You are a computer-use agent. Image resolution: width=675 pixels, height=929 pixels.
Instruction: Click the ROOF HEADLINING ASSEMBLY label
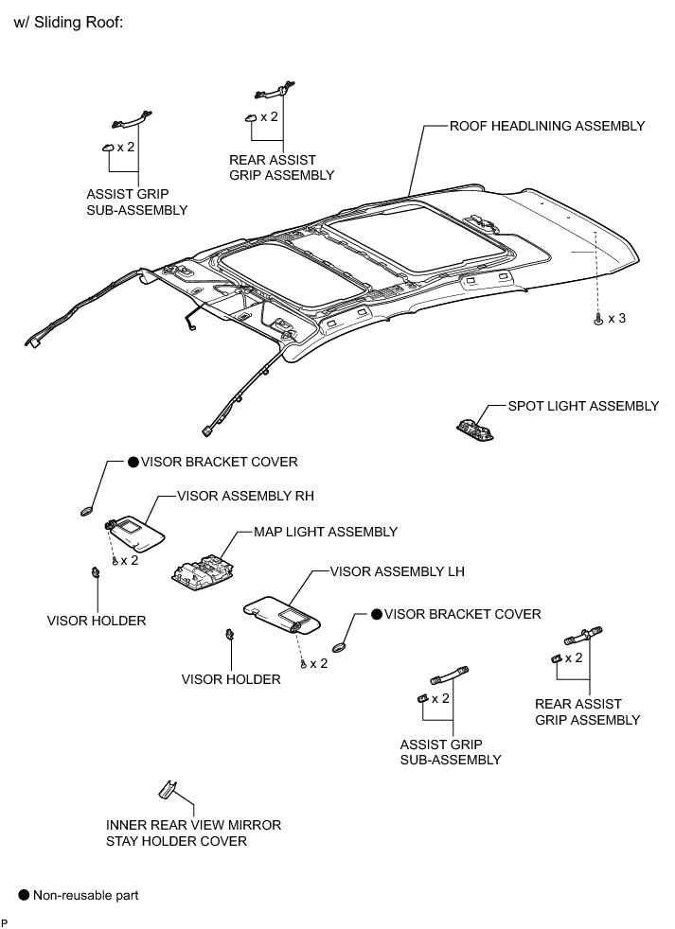[547, 125]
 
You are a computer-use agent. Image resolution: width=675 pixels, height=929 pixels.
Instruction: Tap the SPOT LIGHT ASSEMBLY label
[583, 406]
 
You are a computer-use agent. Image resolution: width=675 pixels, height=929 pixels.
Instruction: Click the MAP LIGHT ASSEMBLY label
[325, 533]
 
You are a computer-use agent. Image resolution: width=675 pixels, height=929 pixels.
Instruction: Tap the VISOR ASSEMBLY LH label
[397, 572]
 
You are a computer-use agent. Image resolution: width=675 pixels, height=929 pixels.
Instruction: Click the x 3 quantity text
[616, 319]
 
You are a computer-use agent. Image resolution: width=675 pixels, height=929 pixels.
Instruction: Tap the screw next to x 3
[597, 320]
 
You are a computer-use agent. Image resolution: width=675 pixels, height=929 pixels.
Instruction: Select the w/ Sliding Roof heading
[68, 23]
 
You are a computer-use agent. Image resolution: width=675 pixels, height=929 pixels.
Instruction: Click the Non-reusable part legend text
[85, 894]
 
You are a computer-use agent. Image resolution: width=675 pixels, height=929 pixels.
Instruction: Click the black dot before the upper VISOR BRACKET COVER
[133, 463]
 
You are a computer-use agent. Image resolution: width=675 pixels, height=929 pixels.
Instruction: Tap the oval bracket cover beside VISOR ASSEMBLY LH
[340, 649]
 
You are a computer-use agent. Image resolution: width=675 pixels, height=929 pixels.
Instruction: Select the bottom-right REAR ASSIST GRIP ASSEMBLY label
[587, 711]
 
